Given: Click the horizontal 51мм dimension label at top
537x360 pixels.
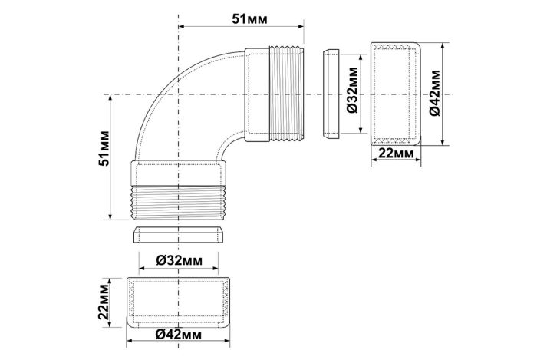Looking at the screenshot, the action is (249, 19).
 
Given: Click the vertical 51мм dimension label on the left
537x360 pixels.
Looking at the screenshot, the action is (104, 148).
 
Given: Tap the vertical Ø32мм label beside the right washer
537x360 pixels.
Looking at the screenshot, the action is (352, 90).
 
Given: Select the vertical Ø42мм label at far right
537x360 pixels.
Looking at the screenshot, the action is (435, 93).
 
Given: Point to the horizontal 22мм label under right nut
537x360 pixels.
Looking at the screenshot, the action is (396, 153).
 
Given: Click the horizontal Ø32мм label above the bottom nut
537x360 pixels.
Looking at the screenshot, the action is (179, 261).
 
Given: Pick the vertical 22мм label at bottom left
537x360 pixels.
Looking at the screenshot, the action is (104, 302).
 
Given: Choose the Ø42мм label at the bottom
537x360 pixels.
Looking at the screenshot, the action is (179, 335).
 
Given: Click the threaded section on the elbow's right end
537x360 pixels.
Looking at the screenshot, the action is (287, 94).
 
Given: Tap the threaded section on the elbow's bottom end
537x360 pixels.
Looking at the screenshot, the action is (179, 203).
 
